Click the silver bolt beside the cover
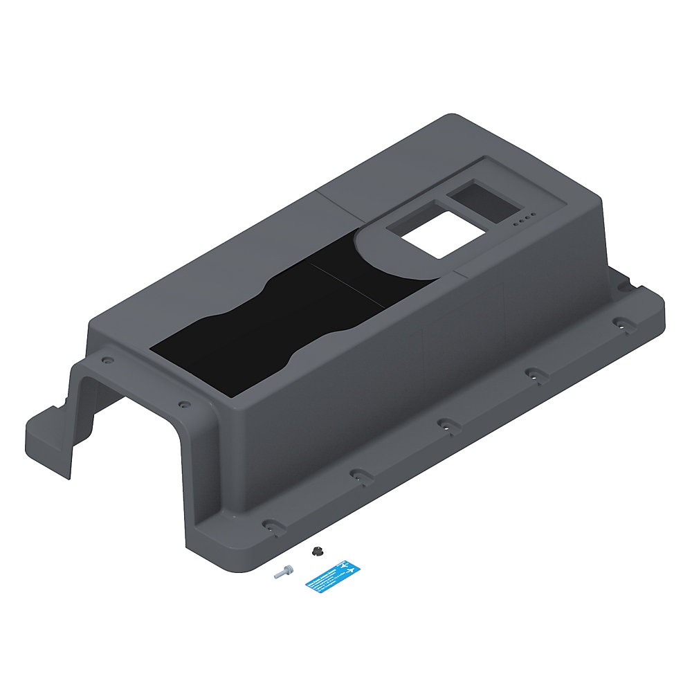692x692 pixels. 283,572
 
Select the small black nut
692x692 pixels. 317,551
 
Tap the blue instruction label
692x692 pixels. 333,576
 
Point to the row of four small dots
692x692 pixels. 524,220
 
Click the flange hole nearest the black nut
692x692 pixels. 271,525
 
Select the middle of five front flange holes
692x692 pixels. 445,424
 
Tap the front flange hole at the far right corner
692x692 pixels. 621,322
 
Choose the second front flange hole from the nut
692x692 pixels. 358,475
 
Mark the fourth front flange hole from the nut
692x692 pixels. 533,374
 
